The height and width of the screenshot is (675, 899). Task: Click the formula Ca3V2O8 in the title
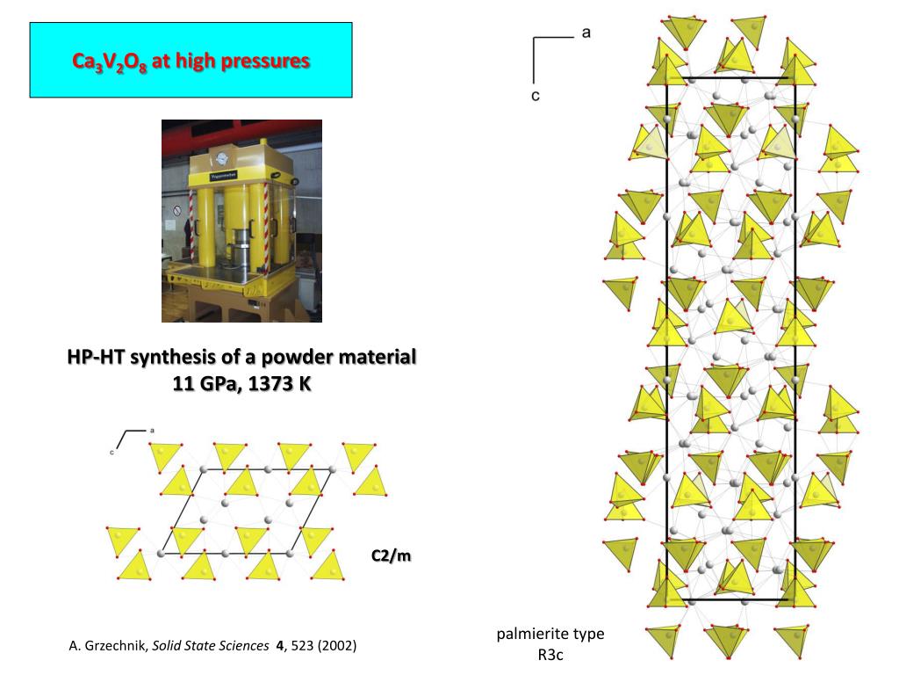click(x=110, y=62)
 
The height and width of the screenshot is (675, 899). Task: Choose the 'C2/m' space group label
click(x=391, y=555)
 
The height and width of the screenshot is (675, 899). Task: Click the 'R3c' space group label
click(x=550, y=655)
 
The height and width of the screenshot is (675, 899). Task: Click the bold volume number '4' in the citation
click(x=280, y=646)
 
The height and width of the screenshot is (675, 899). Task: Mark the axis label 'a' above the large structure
click(x=586, y=33)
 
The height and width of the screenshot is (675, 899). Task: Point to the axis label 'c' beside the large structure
click(x=536, y=96)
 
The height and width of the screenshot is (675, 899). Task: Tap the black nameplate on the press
click(x=224, y=176)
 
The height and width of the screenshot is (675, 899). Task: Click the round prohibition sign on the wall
click(x=177, y=211)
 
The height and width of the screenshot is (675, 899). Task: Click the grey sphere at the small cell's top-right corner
click(x=333, y=469)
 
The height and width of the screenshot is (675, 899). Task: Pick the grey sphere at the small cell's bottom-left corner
click(x=162, y=554)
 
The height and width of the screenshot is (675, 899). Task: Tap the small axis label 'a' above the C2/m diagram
click(x=152, y=430)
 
